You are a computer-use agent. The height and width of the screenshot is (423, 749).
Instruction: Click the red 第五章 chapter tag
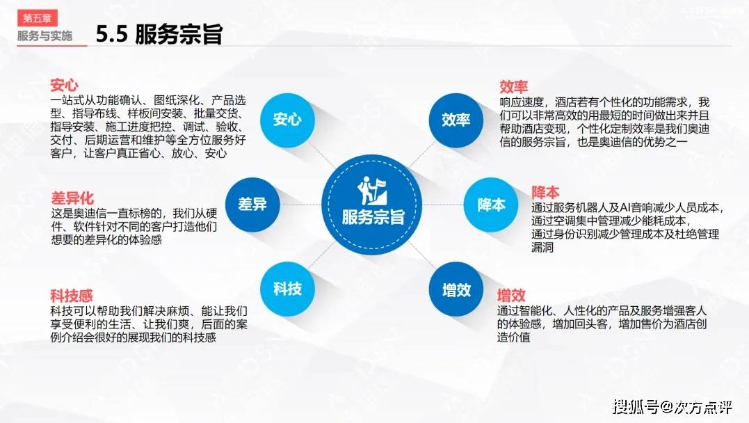38,18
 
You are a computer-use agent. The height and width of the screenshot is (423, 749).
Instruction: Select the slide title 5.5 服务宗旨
159,34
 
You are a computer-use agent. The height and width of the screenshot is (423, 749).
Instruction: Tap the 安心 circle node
287,120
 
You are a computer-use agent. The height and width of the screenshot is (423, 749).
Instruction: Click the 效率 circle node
456,120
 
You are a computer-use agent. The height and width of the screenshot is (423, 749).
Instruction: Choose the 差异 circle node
252,205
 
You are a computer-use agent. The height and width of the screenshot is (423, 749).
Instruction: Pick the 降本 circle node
490,205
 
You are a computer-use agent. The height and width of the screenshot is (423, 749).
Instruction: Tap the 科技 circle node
287,289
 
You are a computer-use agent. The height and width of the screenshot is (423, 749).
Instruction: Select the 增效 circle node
456,289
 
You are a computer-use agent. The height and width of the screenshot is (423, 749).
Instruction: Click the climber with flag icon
372,191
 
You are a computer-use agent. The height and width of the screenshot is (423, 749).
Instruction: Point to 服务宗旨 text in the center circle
373,218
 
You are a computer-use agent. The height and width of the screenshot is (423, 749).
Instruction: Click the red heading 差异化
72,198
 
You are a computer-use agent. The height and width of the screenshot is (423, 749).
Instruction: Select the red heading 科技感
72,296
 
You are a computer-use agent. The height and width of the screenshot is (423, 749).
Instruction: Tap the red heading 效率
513,86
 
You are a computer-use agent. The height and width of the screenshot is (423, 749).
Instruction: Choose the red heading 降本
545,193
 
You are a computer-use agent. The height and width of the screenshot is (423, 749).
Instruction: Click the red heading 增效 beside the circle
511,296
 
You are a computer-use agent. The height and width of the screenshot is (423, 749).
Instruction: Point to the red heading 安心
64,85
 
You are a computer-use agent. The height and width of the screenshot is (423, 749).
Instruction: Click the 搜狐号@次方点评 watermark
672,407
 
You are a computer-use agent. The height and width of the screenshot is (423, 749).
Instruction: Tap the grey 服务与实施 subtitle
45,36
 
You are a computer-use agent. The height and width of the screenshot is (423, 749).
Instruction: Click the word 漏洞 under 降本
542,247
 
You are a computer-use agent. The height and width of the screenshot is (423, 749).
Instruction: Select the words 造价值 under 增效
513,337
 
